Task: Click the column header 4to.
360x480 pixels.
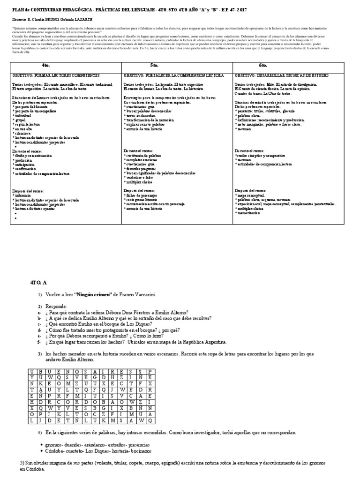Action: tap(45, 66)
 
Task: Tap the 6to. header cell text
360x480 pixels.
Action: tap(263, 66)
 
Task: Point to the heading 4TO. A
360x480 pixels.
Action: tap(38, 283)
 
